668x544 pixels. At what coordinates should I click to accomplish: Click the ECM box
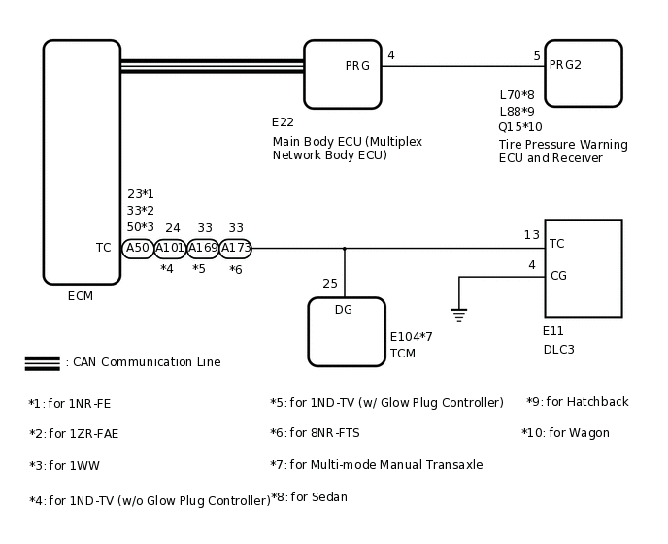(x=82, y=161)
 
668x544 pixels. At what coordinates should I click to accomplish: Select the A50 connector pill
(x=138, y=248)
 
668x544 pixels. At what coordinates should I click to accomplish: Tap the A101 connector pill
(x=170, y=248)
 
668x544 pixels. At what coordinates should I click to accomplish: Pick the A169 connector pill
(x=202, y=248)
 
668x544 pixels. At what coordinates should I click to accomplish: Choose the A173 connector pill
(x=235, y=248)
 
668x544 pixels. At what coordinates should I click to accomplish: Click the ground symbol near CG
(x=459, y=314)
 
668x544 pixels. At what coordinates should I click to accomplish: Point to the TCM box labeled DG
(x=347, y=331)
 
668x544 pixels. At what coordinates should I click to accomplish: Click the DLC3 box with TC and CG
(x=583, y=268)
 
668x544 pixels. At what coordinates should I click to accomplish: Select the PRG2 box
(x=583, y=73)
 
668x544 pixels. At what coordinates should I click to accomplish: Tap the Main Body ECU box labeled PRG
(x=342, y=74)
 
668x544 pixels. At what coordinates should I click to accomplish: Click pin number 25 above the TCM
(x=330, y=284)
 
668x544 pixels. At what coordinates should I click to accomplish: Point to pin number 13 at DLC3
(x=531, y=235)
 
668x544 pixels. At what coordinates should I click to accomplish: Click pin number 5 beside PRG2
(x=537, y=56)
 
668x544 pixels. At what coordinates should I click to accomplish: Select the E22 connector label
(x=283, y=122)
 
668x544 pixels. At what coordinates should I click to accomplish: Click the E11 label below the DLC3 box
(x=552, y=331)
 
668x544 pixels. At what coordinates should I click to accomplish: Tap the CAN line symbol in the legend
(x=42, y=362)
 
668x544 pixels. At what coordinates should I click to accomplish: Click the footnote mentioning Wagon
(x=565, y=433)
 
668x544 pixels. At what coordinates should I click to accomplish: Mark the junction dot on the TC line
(x=344, y=248)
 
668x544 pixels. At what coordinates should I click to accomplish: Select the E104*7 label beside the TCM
(x=411, y=337)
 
